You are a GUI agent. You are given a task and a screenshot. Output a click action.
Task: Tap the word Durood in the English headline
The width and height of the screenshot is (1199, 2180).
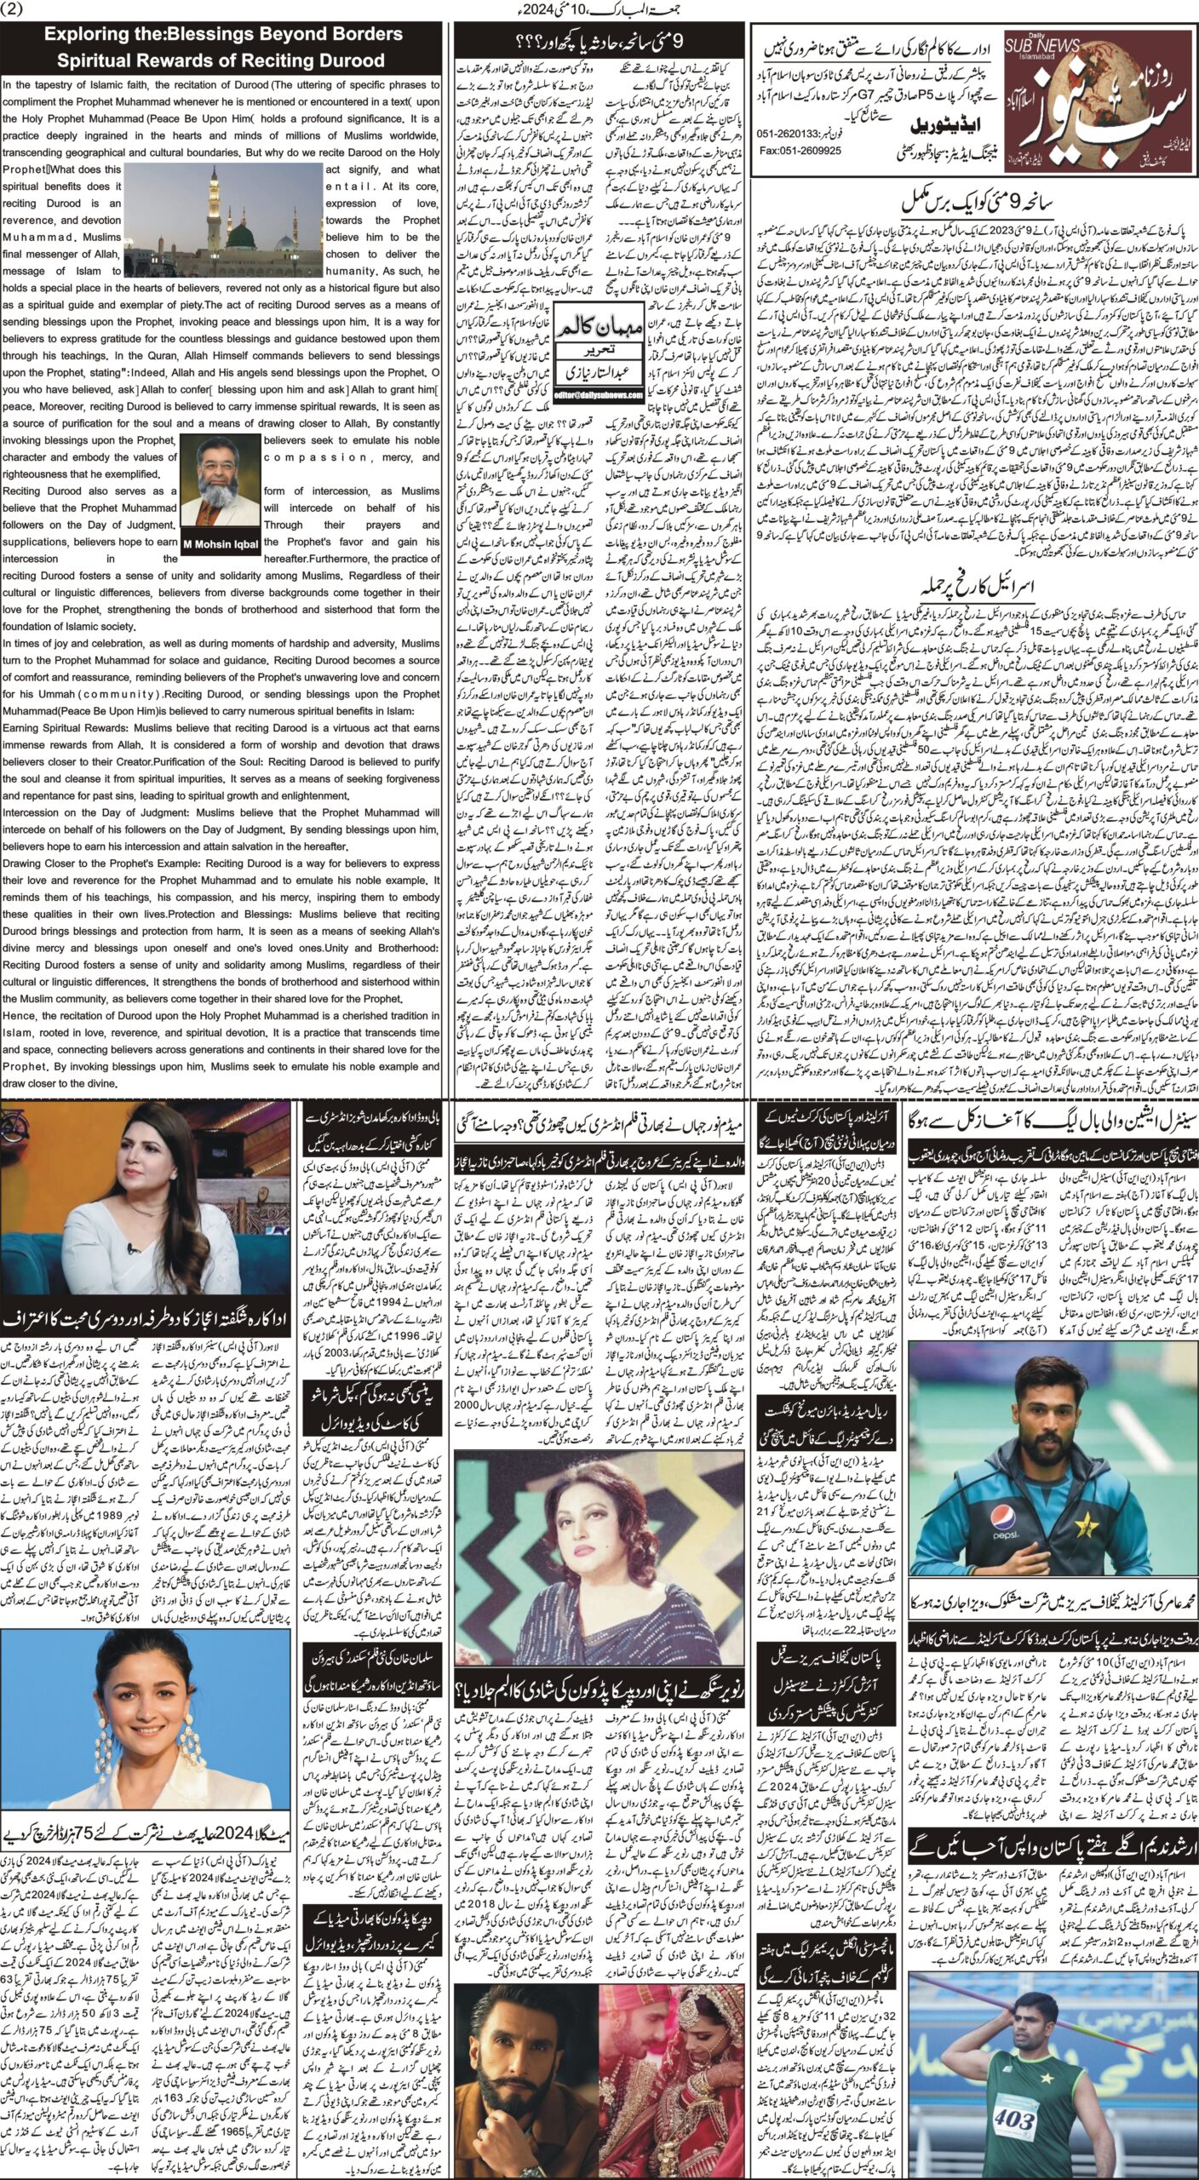point(351,60)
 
